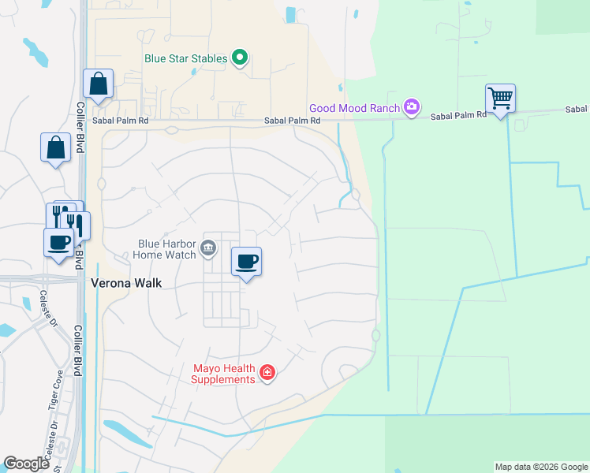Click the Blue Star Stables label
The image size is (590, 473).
185,58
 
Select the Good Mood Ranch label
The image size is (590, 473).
355,108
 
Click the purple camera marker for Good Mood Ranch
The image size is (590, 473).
410,106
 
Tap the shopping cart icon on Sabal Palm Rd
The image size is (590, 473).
500,99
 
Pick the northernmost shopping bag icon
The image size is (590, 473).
98,84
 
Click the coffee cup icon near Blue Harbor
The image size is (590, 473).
246,261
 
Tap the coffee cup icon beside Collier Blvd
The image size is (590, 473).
58,242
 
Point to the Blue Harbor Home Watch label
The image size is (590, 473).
164,249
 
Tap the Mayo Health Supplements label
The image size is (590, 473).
225,374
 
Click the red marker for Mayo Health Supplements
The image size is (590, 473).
267,371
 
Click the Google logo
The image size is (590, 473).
26,464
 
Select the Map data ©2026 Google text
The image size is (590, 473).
540,467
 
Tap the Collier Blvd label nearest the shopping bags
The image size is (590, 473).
80,126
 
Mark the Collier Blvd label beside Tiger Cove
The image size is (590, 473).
80,352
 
